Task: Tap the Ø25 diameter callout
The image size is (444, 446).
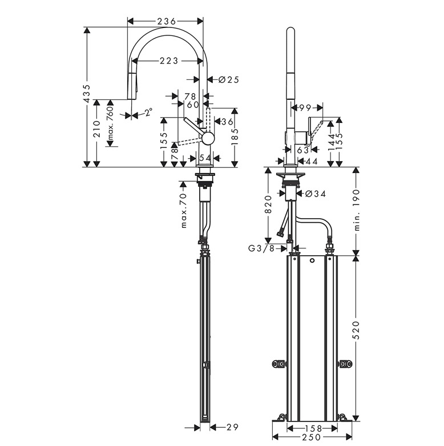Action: [228, 80]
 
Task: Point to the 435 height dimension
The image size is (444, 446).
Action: [87, 94]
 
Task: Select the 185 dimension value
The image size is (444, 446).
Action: [235, 137]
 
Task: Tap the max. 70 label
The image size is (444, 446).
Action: [184, 211]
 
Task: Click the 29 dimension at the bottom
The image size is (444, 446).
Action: [231, 427]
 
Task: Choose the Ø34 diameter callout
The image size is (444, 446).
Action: [316, 194]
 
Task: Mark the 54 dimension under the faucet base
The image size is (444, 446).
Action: [205, 157]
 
